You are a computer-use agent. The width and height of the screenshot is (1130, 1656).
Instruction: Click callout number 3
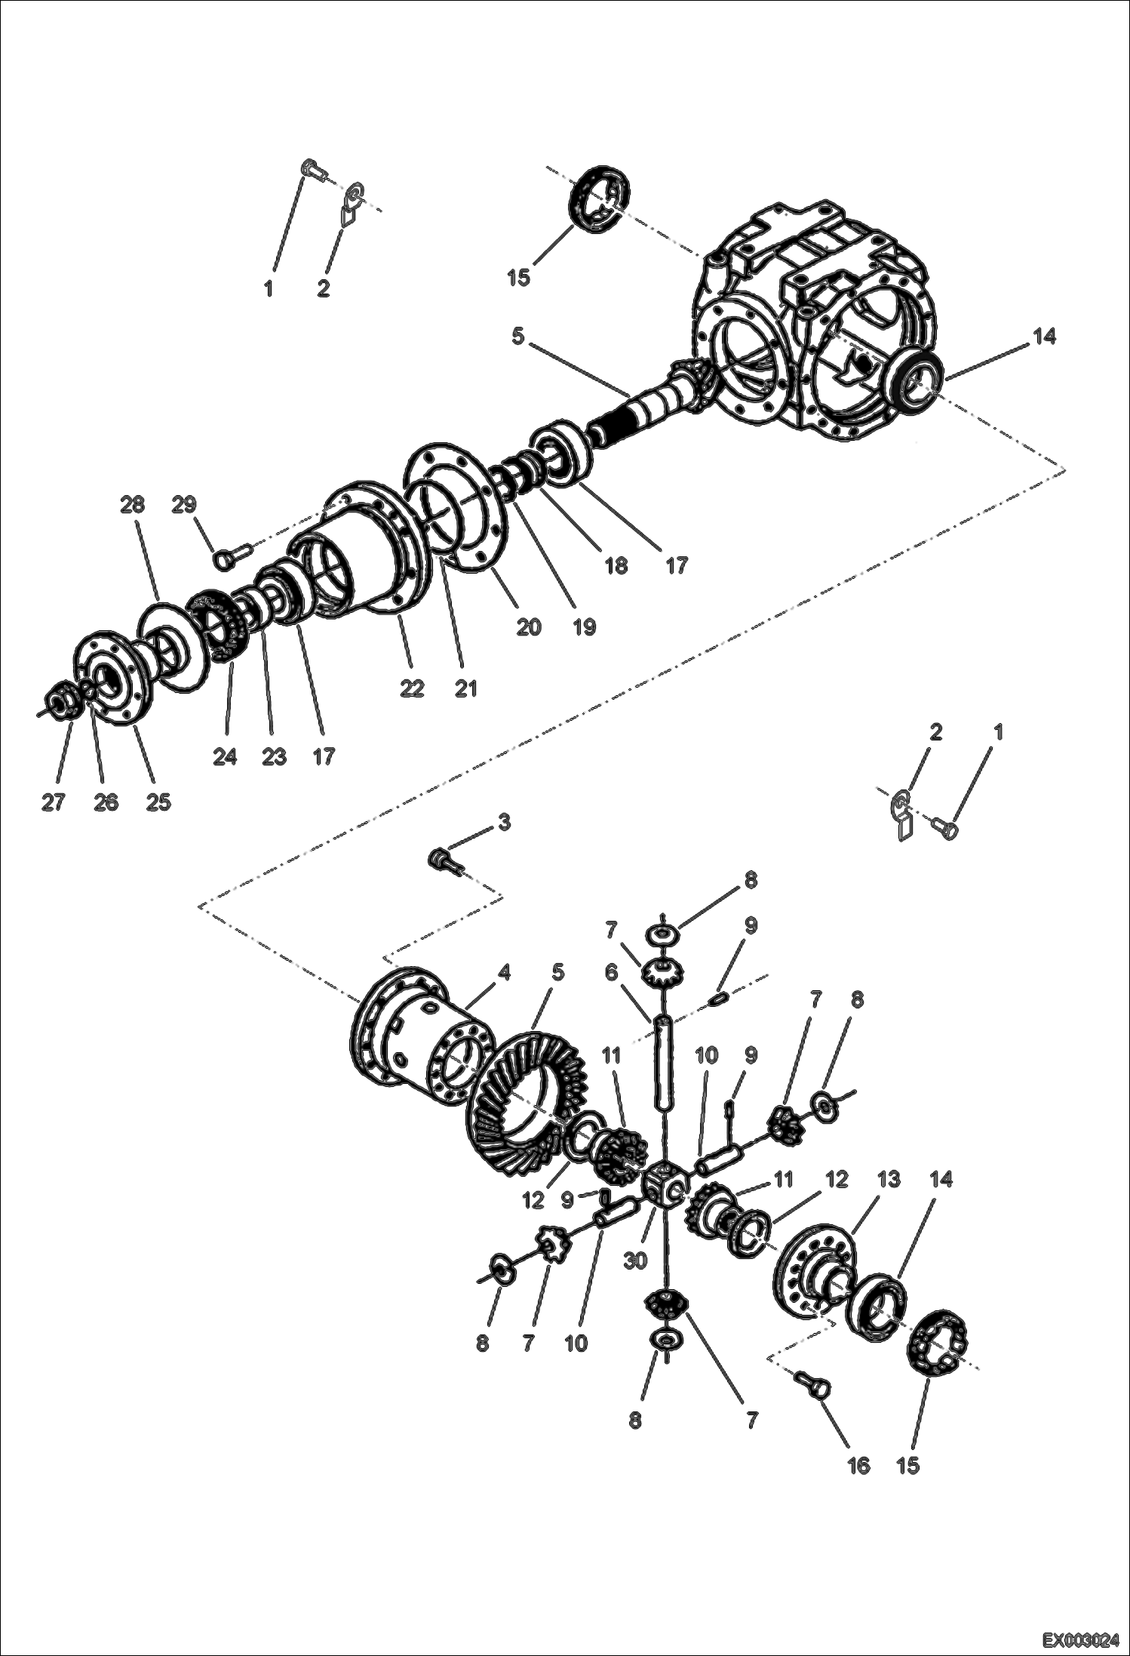(x=503, y=822)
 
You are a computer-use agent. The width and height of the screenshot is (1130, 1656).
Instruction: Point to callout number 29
(x=184, y=505)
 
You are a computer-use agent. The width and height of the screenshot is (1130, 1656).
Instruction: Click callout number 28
(x=132, y=505)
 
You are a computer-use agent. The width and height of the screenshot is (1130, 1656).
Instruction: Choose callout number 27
(x=53, y=802)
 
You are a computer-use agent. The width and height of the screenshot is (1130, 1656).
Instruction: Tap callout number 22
(x=412, y=688)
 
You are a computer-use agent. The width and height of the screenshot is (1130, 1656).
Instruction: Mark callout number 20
(x=529, y=626)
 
